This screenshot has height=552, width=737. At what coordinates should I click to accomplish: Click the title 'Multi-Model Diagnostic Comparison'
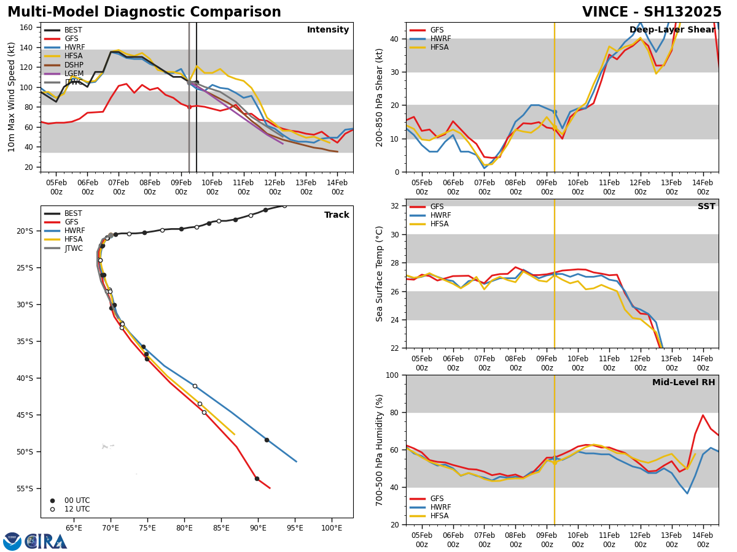tap(144, 12)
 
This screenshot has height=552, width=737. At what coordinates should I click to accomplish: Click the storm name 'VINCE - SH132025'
tap(652, 12)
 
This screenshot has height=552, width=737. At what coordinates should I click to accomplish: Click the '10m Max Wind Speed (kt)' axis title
tap(12, 97)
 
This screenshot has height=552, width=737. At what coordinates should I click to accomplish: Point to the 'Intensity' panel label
tap(328, 30)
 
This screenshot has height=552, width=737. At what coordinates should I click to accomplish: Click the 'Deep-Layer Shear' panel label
tap(672, 30)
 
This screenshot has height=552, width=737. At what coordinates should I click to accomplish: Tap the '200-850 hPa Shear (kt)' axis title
tap(380, 97)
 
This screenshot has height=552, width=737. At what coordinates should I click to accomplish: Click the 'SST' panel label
tap(706, 207)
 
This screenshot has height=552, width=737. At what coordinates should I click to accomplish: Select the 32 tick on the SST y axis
tap(396, 206)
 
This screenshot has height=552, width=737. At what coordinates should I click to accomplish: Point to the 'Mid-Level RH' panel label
tap(683, 383)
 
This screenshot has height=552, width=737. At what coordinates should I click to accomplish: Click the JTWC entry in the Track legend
tap(73, 248)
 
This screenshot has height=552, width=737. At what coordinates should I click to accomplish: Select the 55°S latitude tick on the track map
tap(25, 489)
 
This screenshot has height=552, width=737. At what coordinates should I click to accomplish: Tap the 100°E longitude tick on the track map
tap(332, 528)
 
